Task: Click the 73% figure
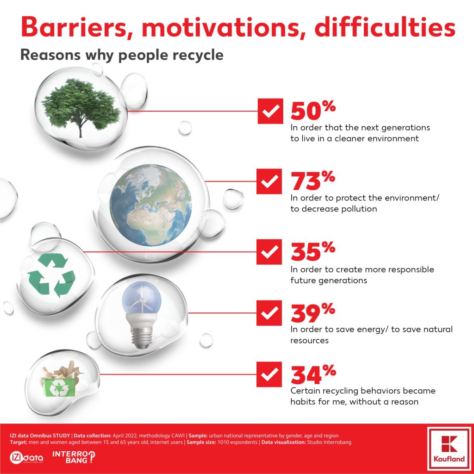(x=313, y=181)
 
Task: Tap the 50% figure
(x=313, y=110)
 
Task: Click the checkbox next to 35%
(x=269, y=252)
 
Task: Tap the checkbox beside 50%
(x=270, y=111)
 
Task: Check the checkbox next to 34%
(x=269, y=374)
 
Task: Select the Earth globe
(x=150, y=205)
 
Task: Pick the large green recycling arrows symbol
(x=51, y=275)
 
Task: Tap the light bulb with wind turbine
(x=142, y=314)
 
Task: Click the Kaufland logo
(x=449, y=449)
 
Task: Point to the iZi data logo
(x=26, y=458)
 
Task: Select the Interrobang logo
(x=74, y=457)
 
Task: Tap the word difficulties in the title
(x=385, y=26)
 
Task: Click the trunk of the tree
(x=80, y=130)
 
